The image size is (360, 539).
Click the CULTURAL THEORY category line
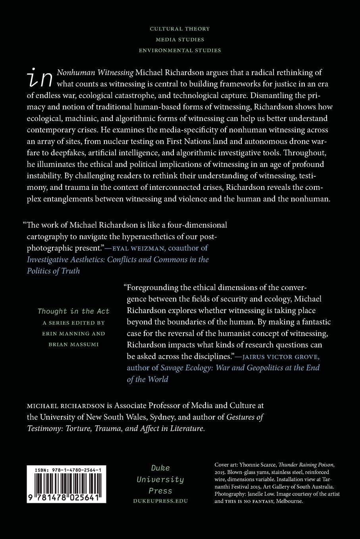(180, 29)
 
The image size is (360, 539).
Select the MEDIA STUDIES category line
(180, 40)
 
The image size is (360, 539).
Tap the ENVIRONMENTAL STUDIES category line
(180, 50)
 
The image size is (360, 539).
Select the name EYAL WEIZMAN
(135, 248)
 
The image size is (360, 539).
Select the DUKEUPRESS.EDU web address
(160, 501)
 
